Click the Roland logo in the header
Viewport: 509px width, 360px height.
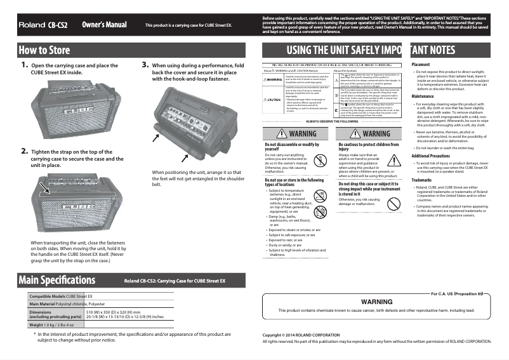(x=31, y=25)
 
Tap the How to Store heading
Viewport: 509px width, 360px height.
(x=44, y=50)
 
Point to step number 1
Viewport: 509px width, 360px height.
(x=24, y=65)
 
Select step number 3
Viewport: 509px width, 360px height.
(x=145, y=65)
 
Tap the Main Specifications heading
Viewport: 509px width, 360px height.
(x=57, y=280)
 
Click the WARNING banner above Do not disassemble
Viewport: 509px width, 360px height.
(x=294, y=134)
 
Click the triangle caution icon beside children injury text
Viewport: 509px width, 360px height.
(x=395, y=161)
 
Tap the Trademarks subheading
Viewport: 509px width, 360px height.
(x=422, y=180)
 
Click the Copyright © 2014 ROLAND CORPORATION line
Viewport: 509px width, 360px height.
(x=301, y=335)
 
